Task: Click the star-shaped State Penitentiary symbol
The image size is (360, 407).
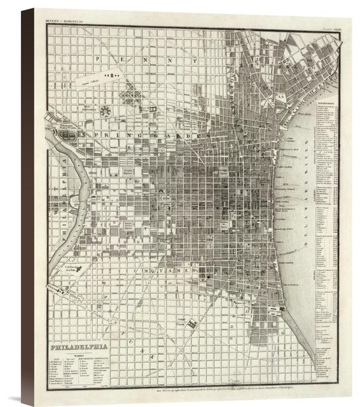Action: tap(106, 111)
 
